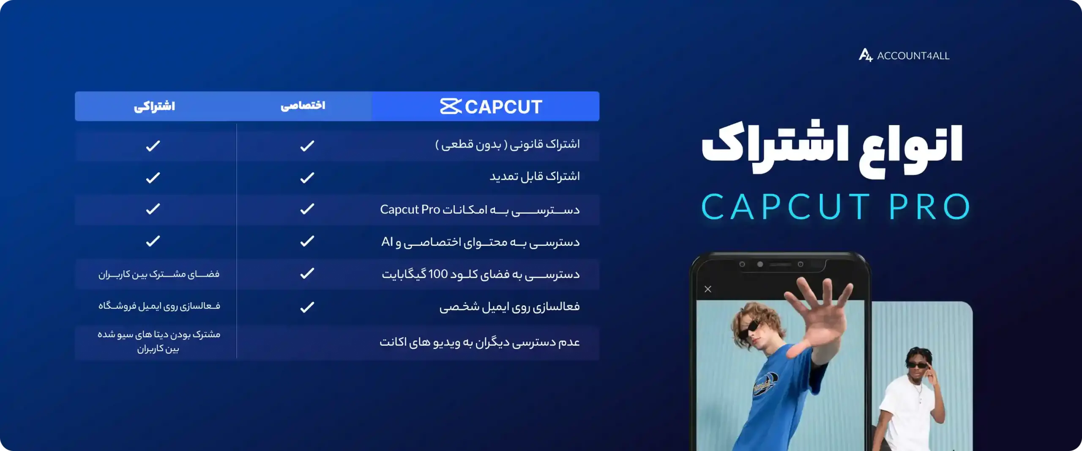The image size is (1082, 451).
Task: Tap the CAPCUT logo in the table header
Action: (491, 107)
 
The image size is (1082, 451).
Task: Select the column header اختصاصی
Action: (303, 105)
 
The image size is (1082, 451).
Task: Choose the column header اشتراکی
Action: (154, 106)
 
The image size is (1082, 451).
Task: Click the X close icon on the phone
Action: (708, 289)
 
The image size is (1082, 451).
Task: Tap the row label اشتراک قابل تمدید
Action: (535, 176)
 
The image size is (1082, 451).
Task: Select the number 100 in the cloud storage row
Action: (438, 274)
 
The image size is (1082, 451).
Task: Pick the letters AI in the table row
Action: (387, 242)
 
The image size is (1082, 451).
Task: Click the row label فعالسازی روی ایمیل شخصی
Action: (509, 306)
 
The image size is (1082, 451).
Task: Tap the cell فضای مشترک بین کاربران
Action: (159, 274)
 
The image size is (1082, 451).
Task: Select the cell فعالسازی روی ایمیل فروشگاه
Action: (159, 306)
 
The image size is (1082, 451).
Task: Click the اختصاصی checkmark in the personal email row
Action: (307, 307)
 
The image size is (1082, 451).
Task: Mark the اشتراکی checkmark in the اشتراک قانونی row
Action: (153, 146)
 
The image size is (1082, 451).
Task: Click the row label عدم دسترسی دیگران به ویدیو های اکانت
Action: (480, 342)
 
